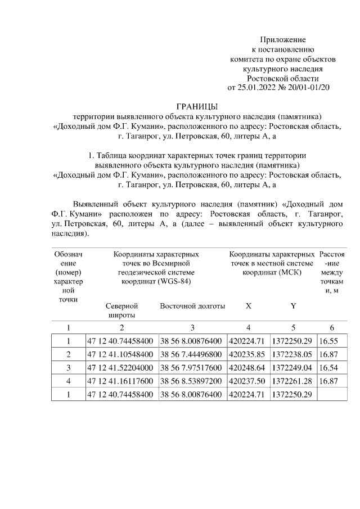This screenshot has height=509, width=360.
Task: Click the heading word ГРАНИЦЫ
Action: [197, 107]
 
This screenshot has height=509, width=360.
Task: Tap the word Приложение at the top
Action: [282, 40]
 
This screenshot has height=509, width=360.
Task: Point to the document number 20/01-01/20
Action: [309, 88]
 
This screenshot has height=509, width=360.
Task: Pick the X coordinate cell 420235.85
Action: [248, 355]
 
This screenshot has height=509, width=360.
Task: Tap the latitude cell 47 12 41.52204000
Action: [120, 368]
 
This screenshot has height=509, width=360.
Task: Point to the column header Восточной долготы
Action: [192, 307]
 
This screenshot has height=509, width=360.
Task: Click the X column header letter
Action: [248, 307]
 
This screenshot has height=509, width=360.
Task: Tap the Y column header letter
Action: [293, 307]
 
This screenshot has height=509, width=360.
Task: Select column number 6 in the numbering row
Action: [332, 328]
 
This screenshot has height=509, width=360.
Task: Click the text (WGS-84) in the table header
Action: [174, 281]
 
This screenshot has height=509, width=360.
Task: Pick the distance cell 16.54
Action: [329, 368]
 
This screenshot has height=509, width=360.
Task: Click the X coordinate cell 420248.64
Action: [248, 368]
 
